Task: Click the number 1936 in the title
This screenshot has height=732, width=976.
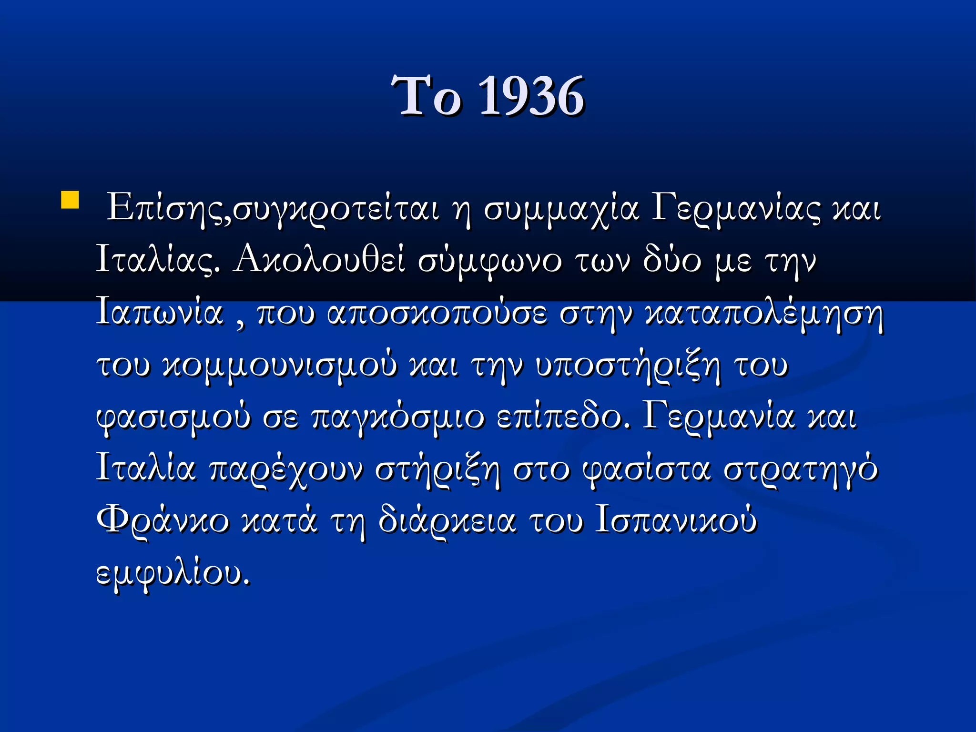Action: pos(531,97)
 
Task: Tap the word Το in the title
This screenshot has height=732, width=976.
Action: pos(426,97)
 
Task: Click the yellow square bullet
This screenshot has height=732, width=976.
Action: pos(70,200)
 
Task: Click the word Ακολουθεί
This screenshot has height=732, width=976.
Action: pos(319,260)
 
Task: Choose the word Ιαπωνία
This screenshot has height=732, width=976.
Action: pos(160,313)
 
